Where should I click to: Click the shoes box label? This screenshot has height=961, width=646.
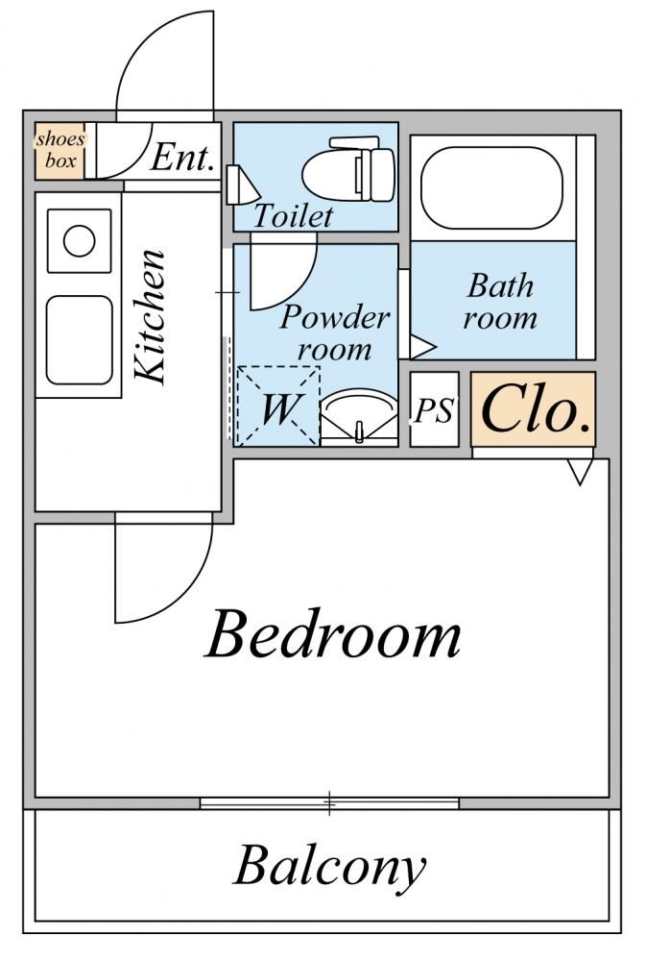(x=60, y=149)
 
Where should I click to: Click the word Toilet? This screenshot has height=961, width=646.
(x=294, y=215)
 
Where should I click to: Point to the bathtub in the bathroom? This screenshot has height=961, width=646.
(x=491, y=187)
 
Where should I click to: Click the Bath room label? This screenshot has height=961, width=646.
(x=500, y=302)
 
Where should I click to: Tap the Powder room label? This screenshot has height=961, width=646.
(x=335, y=333)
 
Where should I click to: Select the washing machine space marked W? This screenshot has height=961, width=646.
(x=278, y=406)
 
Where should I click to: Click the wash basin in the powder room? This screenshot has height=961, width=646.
(x=359, y=416)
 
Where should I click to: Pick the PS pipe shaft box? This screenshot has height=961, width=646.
(x=434, y=409)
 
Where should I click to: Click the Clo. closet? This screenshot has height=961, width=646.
(x=533, y=408)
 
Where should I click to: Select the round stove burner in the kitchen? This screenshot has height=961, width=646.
(x=80, y=241)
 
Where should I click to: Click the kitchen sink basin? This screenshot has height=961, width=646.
(x=80, y=340)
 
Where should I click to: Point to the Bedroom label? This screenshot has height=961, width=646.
(x=332, y=633)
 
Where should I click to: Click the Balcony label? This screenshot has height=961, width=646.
(x=329, y=865)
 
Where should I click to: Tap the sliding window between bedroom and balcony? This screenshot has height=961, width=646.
(x=329, y=802)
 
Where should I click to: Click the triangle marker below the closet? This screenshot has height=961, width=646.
(x=580, y=472)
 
